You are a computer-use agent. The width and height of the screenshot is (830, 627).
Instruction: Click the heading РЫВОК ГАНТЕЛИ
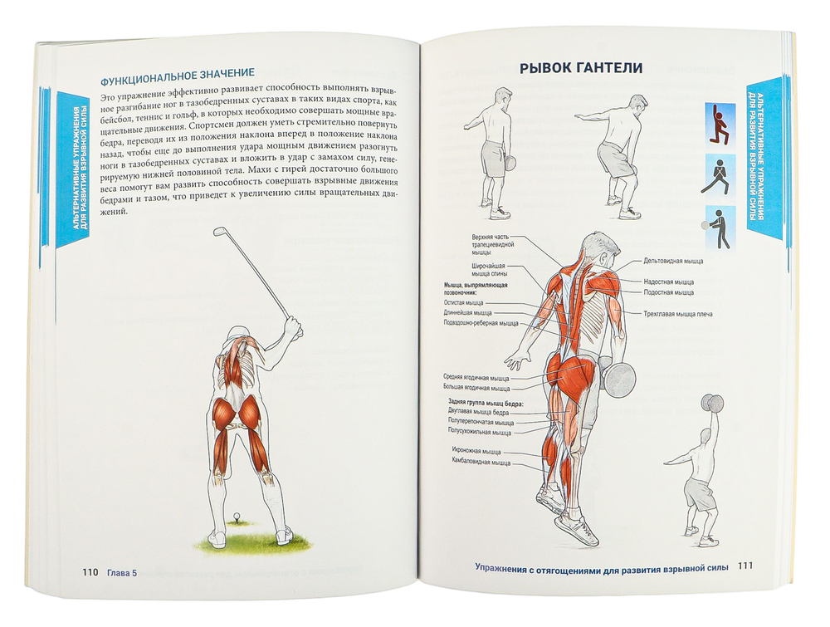coord(581,68)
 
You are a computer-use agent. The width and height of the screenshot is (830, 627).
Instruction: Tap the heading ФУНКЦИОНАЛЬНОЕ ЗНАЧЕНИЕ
coord(178,72)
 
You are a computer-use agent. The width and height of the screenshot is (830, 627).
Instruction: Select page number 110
coord(90,572)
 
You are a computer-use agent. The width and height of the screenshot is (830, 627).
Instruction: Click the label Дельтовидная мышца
coord(673,261)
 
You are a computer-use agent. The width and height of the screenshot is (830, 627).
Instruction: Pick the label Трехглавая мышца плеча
coord(678,314)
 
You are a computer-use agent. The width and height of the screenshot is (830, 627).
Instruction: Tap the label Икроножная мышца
coord(476,452)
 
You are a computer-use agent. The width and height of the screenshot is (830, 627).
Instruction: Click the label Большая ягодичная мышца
coord(477,388)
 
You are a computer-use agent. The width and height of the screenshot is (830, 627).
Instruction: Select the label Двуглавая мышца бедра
coord(479,412)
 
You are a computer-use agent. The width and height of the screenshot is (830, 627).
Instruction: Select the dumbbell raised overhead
coord(711,403)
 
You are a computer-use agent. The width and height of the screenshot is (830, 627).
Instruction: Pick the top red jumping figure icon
coord(720,125)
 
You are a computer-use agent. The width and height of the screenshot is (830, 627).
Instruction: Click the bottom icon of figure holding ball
coord(720,228)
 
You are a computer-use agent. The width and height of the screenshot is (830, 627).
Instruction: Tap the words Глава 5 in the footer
coord(122,572)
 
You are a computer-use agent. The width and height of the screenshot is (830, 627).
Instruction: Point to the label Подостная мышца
coord(668,292)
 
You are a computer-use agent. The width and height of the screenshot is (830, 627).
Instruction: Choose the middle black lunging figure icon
coord(720,176)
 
